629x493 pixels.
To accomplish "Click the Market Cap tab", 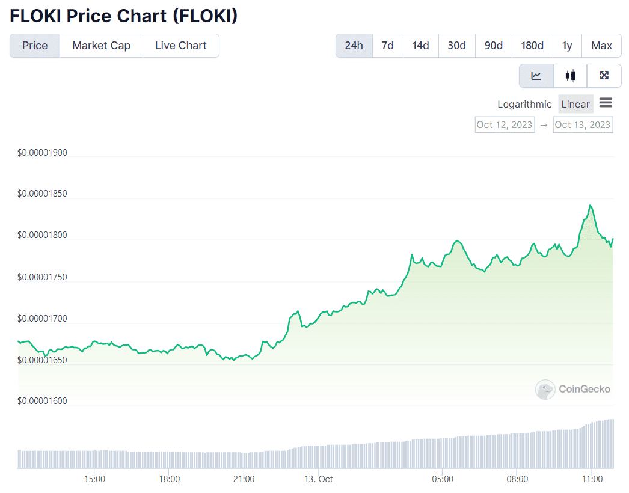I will point(101,46).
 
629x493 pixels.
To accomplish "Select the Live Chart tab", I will point(180,46).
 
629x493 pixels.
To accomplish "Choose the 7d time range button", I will point(388,46).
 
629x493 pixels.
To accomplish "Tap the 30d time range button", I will point(457,46).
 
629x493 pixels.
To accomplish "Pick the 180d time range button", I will point(532,46).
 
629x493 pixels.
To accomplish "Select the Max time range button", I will point(601,46).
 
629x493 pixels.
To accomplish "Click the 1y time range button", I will point(567,46).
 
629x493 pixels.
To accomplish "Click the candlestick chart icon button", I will point(570,76).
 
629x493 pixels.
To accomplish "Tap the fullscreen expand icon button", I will point(604,76).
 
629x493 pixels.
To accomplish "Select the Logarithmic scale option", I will point(524,104).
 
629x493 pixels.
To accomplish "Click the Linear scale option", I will point(575,104).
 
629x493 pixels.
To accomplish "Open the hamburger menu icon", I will point(606,103).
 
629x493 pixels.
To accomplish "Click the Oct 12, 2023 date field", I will point(505,125).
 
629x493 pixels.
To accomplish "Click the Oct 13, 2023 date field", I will point(583,125).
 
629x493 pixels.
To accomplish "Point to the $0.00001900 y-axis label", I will point(42,153).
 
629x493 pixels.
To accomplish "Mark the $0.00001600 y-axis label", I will point(42,401).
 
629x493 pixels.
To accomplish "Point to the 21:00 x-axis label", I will point(244,479).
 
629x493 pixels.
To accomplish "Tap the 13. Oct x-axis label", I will point(318,479).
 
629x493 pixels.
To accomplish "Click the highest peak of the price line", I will point(591,206).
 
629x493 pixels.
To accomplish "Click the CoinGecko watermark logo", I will point(573,390).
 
